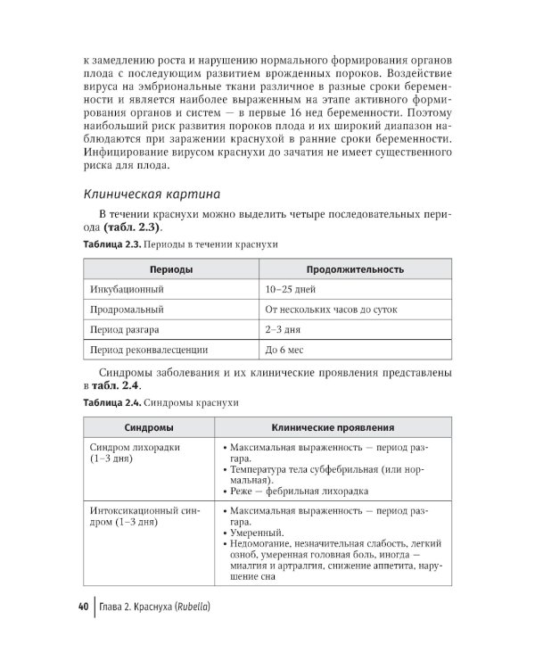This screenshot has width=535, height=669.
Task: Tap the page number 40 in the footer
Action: click(82, 608)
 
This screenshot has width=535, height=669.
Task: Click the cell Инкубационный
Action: click(127, 289)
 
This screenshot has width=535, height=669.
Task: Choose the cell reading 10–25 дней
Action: click(291, 289)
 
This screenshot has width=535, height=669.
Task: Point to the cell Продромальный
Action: click(127, 310)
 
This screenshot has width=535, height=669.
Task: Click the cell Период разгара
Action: click(124, 330)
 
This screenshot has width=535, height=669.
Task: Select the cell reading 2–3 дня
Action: click(282, 330)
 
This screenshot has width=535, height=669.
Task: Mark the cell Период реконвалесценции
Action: click(149, 351)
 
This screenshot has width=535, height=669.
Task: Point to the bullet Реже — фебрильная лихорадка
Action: click(298, 490)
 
